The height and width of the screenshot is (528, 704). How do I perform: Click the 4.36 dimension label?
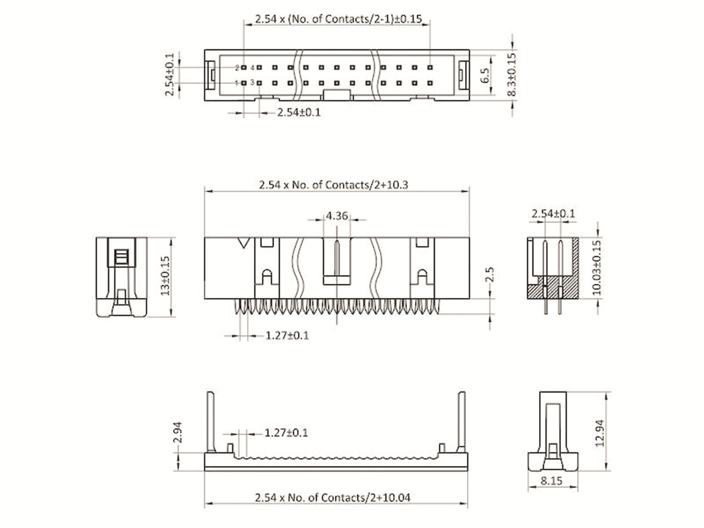(x=337, y=216)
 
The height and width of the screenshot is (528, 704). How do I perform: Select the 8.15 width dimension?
(x=551, y=480)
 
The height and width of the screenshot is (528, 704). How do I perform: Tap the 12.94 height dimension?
(x=599, y=433)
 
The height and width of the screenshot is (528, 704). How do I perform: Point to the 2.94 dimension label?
(x=177, y=433)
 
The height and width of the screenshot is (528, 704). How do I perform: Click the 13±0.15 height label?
(x=165, y=276)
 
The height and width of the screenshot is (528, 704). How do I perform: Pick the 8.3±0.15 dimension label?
(x=511, y=74)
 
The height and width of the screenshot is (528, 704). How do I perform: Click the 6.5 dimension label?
(x=485, y=76)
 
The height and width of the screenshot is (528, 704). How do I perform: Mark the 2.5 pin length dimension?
(x=490, y=274)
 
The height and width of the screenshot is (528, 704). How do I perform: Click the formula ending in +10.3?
(x=333, y=185)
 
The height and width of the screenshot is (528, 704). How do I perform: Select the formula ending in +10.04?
(x=332, y=498)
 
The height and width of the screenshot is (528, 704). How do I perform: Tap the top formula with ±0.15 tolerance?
(x=338, y=19)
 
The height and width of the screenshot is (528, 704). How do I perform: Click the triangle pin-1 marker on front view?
(x=243, y=243)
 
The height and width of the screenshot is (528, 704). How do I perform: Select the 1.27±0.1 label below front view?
(x=287, y=336)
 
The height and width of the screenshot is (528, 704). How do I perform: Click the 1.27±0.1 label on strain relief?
(x=286, y=433)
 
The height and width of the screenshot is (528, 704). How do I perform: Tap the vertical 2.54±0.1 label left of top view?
(x=170, y=74)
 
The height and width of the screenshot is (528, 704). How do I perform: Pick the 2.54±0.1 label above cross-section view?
(x=553, y=214)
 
